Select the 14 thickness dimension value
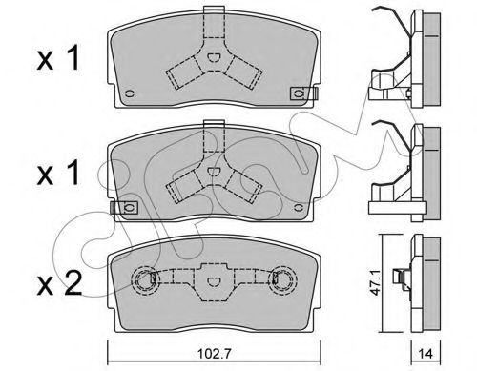click(x=425, y=354)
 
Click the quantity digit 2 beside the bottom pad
click(x=72, y=282)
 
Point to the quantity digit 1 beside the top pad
click(x=73, y=57)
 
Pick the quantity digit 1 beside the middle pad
click(x=73, y=172)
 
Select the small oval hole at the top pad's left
click(x=130, y=93)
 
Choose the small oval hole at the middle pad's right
click(x=299, y=208)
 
